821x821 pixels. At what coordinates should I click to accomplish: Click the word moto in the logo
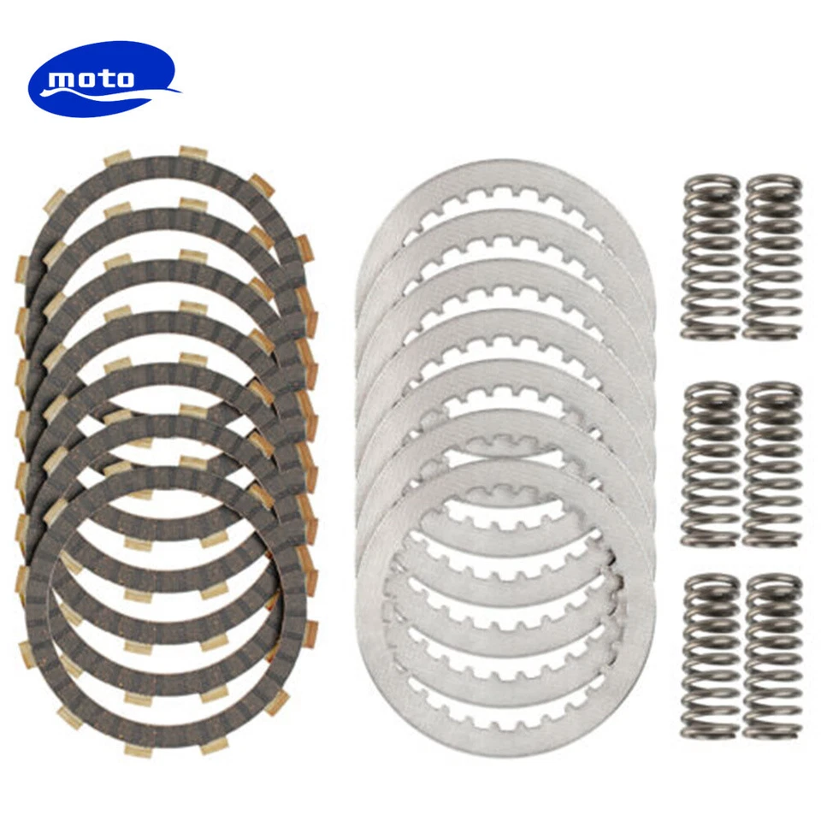[92, 80]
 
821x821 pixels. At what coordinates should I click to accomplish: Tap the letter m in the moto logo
[62, 80]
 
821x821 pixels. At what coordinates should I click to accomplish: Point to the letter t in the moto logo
[105, 80]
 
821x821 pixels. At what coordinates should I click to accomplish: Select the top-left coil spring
[710, 257]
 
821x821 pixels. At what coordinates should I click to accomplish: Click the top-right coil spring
[772, 257]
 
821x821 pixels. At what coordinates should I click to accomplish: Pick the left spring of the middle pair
[710, 464]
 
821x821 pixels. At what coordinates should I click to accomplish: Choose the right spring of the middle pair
[772, 464]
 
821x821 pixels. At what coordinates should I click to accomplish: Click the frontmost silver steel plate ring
[376, 616]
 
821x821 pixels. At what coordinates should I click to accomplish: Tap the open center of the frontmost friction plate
[162, 607]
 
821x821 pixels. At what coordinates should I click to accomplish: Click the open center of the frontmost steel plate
[505, 611]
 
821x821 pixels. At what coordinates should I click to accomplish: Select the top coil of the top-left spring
[710, 182]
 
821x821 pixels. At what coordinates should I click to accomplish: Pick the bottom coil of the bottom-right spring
[772, 730]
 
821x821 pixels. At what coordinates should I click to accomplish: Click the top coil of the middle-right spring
[772, 389]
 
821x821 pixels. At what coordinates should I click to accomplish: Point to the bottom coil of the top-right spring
[772, 329]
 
